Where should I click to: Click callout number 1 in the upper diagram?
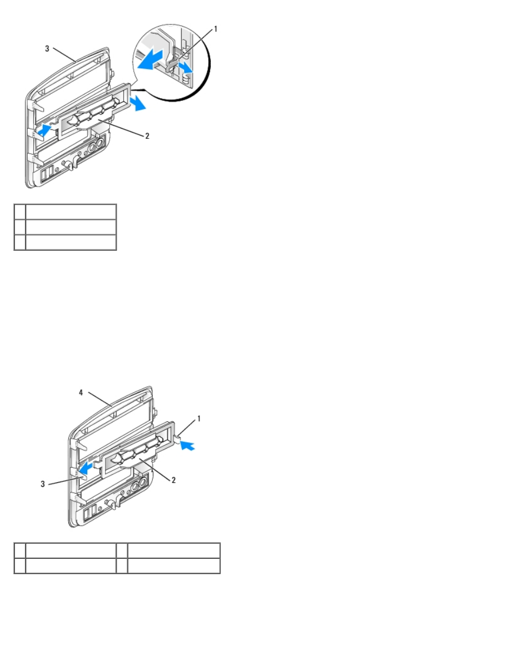tap(216, 29)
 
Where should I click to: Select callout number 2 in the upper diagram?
tap(147, 136)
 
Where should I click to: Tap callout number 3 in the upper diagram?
tap(47, 49)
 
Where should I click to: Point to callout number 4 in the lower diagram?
tap(81, 392)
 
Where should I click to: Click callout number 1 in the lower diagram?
tap(199, 419)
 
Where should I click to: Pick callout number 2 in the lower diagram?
tap(173, 480)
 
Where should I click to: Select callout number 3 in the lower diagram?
tap(42, 484)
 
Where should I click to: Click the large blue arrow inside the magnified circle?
tap(150, 60)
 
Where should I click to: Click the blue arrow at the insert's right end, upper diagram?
tap(138, 103)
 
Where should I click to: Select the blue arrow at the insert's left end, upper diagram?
tap(44, 130)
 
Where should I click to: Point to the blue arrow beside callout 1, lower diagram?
tap(188, 445)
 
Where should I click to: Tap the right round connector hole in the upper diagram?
tap(100, 143)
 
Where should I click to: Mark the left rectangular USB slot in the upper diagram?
tap(44, 175)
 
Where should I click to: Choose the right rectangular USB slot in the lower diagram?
tap(93, 512)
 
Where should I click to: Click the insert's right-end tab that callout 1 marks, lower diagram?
tap(178, 438)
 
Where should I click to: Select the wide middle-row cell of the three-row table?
tap(71, 227)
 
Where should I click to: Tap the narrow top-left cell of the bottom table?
tap(20, 550)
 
